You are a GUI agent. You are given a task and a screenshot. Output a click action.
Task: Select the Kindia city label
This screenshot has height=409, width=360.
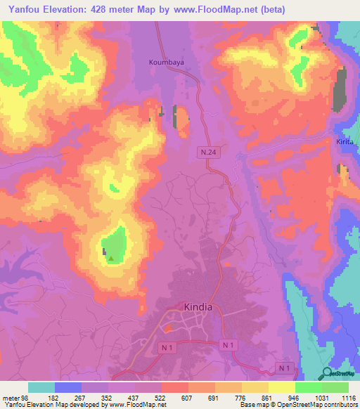[x=198, y=307]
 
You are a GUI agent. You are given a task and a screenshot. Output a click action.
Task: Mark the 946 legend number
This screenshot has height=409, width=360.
[x=295, y=397]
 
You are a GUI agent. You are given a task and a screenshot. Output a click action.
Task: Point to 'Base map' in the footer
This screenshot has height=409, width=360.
[x=256, y=405]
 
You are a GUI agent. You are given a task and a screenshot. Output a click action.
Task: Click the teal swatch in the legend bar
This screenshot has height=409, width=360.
[x=41, y=387]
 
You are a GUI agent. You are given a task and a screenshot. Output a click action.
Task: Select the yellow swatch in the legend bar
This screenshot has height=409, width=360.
[x=281, y=387]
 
